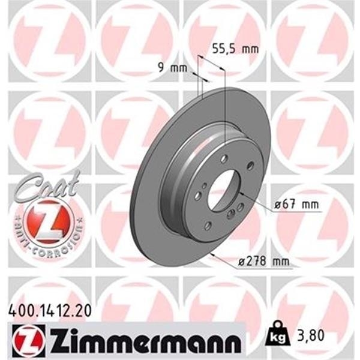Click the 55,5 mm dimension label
click(235, 50)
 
